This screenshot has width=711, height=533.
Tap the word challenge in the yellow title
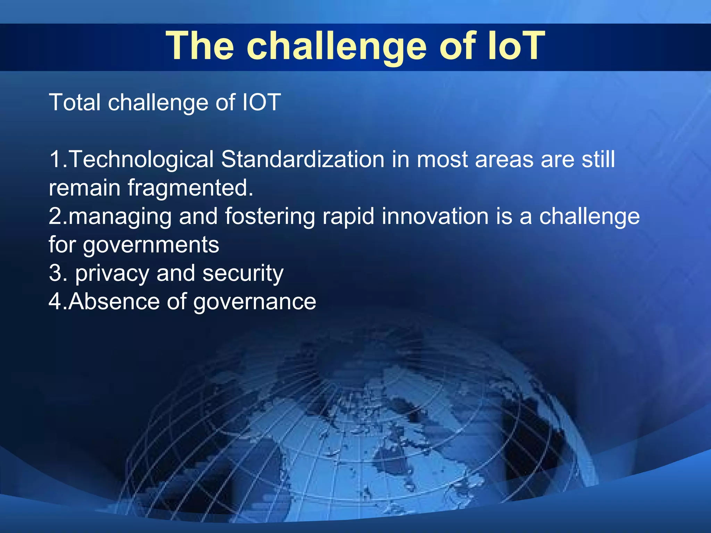[336, 47]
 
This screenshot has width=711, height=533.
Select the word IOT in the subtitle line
[261, 102]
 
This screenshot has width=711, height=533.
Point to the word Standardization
[302, 160]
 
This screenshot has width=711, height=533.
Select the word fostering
[270, 217]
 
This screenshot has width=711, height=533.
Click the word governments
[151, 245]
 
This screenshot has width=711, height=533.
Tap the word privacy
[112, 273]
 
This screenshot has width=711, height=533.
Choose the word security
[243, 273]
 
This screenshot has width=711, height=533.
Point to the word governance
[254, 302]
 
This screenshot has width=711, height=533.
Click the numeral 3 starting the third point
[55, 273]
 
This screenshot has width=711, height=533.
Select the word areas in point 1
[504, 160]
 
